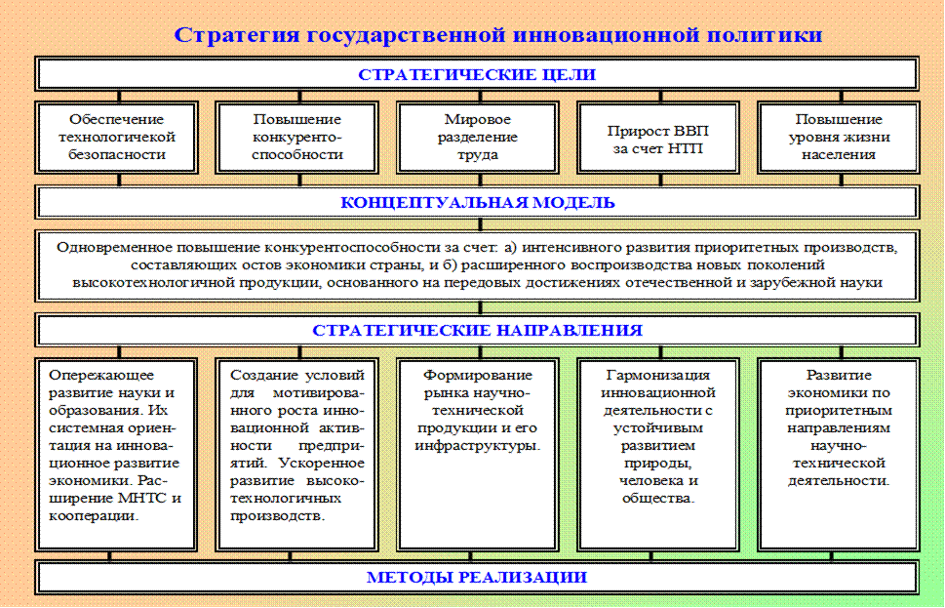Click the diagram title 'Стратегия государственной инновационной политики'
pos(498,35)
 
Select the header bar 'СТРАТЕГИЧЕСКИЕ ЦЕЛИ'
pos(477,74)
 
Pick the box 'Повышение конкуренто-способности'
pos(296,137)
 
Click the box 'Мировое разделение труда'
pos(477,137)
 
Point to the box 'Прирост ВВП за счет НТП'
pos(658,138)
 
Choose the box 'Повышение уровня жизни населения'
pos(838,137)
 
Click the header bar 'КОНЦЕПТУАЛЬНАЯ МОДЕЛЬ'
pos(477,202)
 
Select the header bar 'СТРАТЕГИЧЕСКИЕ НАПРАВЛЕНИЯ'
pos(477,330)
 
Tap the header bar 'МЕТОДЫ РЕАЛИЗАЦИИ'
pos(477,577)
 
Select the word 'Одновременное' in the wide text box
pos(109,247)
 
